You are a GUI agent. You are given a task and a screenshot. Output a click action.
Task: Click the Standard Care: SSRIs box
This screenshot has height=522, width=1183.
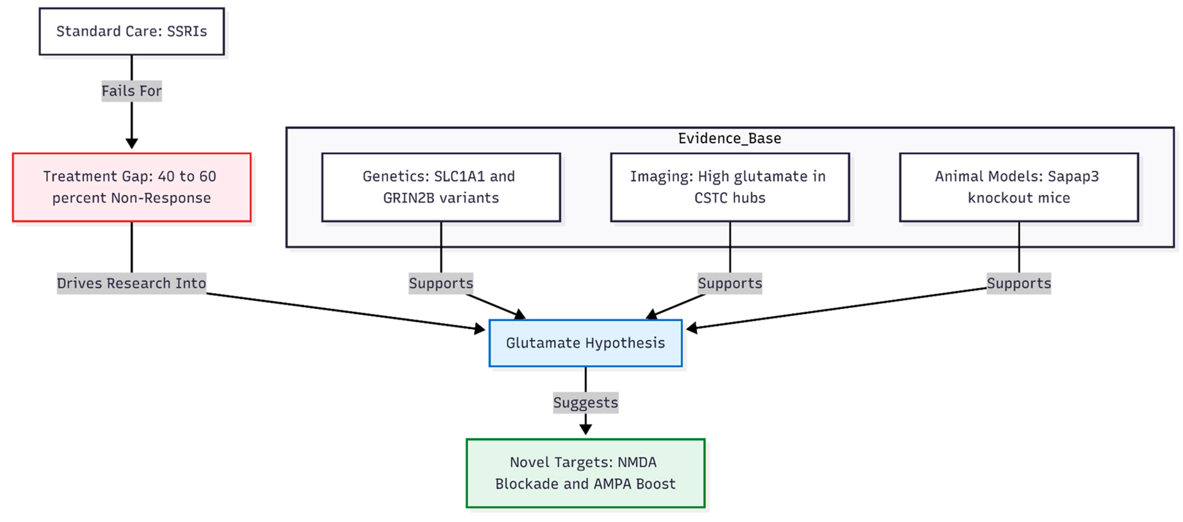[x=131, y=31]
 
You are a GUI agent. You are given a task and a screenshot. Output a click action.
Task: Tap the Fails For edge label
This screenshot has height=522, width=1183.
[x=131, y=91]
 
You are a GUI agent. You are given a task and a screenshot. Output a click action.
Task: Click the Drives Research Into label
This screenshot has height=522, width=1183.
[x=131, y=283]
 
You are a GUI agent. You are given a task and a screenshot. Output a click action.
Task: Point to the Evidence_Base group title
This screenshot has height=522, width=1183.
[x=729, y=138]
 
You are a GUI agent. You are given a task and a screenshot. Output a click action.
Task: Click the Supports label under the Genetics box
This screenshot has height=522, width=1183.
[x=440, y=283]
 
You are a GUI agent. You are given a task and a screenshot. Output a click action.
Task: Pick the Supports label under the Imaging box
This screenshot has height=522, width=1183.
[x=729, y=283]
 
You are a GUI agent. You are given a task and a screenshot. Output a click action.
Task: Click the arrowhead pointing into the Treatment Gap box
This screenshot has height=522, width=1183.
[x=131, y=144]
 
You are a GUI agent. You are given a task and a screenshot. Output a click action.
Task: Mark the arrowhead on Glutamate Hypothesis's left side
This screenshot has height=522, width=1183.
[x=480, y=328]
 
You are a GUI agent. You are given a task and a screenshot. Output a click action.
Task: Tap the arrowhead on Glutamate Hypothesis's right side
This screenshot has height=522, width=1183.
[x=691, y=328]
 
